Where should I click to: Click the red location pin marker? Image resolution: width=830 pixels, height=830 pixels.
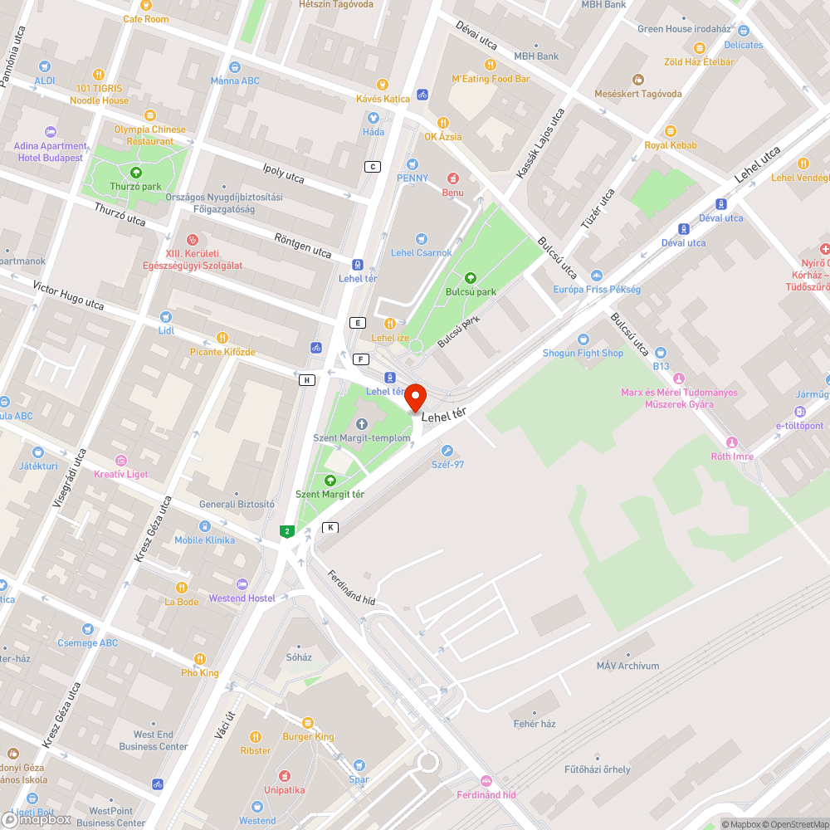coord(415,397)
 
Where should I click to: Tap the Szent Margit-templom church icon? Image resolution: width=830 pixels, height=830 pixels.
coord(361,424)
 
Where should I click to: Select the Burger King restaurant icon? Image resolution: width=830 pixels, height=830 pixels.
coord(308,723)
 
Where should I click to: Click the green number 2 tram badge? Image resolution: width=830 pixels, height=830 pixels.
coord(287,531)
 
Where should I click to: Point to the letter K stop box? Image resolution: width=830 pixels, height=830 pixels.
coord(330,528)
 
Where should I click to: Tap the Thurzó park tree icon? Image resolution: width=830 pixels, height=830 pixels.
coord(136,173)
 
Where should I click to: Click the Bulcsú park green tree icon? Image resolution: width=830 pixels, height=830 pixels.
coord(471,278)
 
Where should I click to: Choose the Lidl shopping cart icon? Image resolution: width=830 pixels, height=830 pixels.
coord(165,317)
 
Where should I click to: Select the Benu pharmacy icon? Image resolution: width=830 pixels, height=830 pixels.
coord(453,178)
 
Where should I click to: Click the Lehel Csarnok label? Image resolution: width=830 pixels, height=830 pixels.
coord(422,253)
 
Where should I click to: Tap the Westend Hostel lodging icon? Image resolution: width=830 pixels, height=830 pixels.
coord(242,584)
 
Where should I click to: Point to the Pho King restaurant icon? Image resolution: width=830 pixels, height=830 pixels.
coord(200,659)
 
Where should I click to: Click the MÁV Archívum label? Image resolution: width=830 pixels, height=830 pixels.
coord(627,666)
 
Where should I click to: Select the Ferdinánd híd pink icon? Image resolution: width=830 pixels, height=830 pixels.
coord(486,781)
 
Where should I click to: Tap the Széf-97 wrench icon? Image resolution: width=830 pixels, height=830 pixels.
coord(447,451)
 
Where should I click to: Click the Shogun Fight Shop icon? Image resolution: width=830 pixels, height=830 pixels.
coord(582,339)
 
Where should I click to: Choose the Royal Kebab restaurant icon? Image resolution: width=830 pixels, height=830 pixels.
coord(671,131)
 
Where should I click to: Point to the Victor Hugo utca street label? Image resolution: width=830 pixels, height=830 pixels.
coord(68,295)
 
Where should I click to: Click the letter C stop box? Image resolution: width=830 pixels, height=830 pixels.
coord(373,167)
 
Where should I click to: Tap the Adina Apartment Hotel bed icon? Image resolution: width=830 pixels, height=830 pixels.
coord(50,132)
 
